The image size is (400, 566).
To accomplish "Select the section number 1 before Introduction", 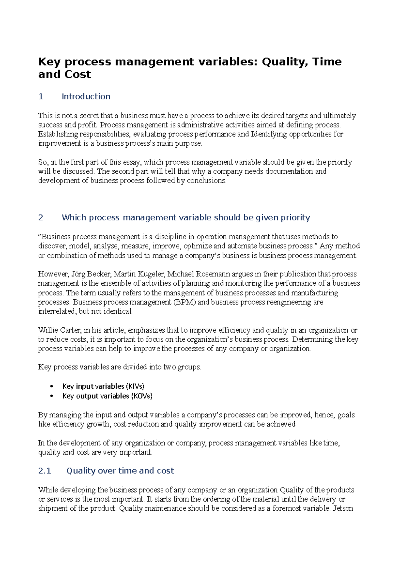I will pyautogui.click(x=41, y=97).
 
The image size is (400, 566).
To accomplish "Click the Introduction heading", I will pyautogui.click(x=86, y=97).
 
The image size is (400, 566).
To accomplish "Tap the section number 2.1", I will pyautogui.click(x=45, y=471).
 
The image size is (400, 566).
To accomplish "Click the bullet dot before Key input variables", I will pyautogui.click(x=51, y=386).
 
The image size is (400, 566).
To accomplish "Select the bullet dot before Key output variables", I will pyautogui.click(x=51, y=396).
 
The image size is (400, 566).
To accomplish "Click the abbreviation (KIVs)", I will pyautogui.click(x=135, y=386).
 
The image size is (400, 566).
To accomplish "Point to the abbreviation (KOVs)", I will pyautogui.click(x=142, y=396).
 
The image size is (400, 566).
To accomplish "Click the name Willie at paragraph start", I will pyautogui.click(x=48, y=330).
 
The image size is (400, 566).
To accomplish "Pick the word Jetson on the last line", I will pyautogui.click(x=343, y=509).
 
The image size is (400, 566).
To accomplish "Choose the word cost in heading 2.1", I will pyautogui.click(x=165, y=471).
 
